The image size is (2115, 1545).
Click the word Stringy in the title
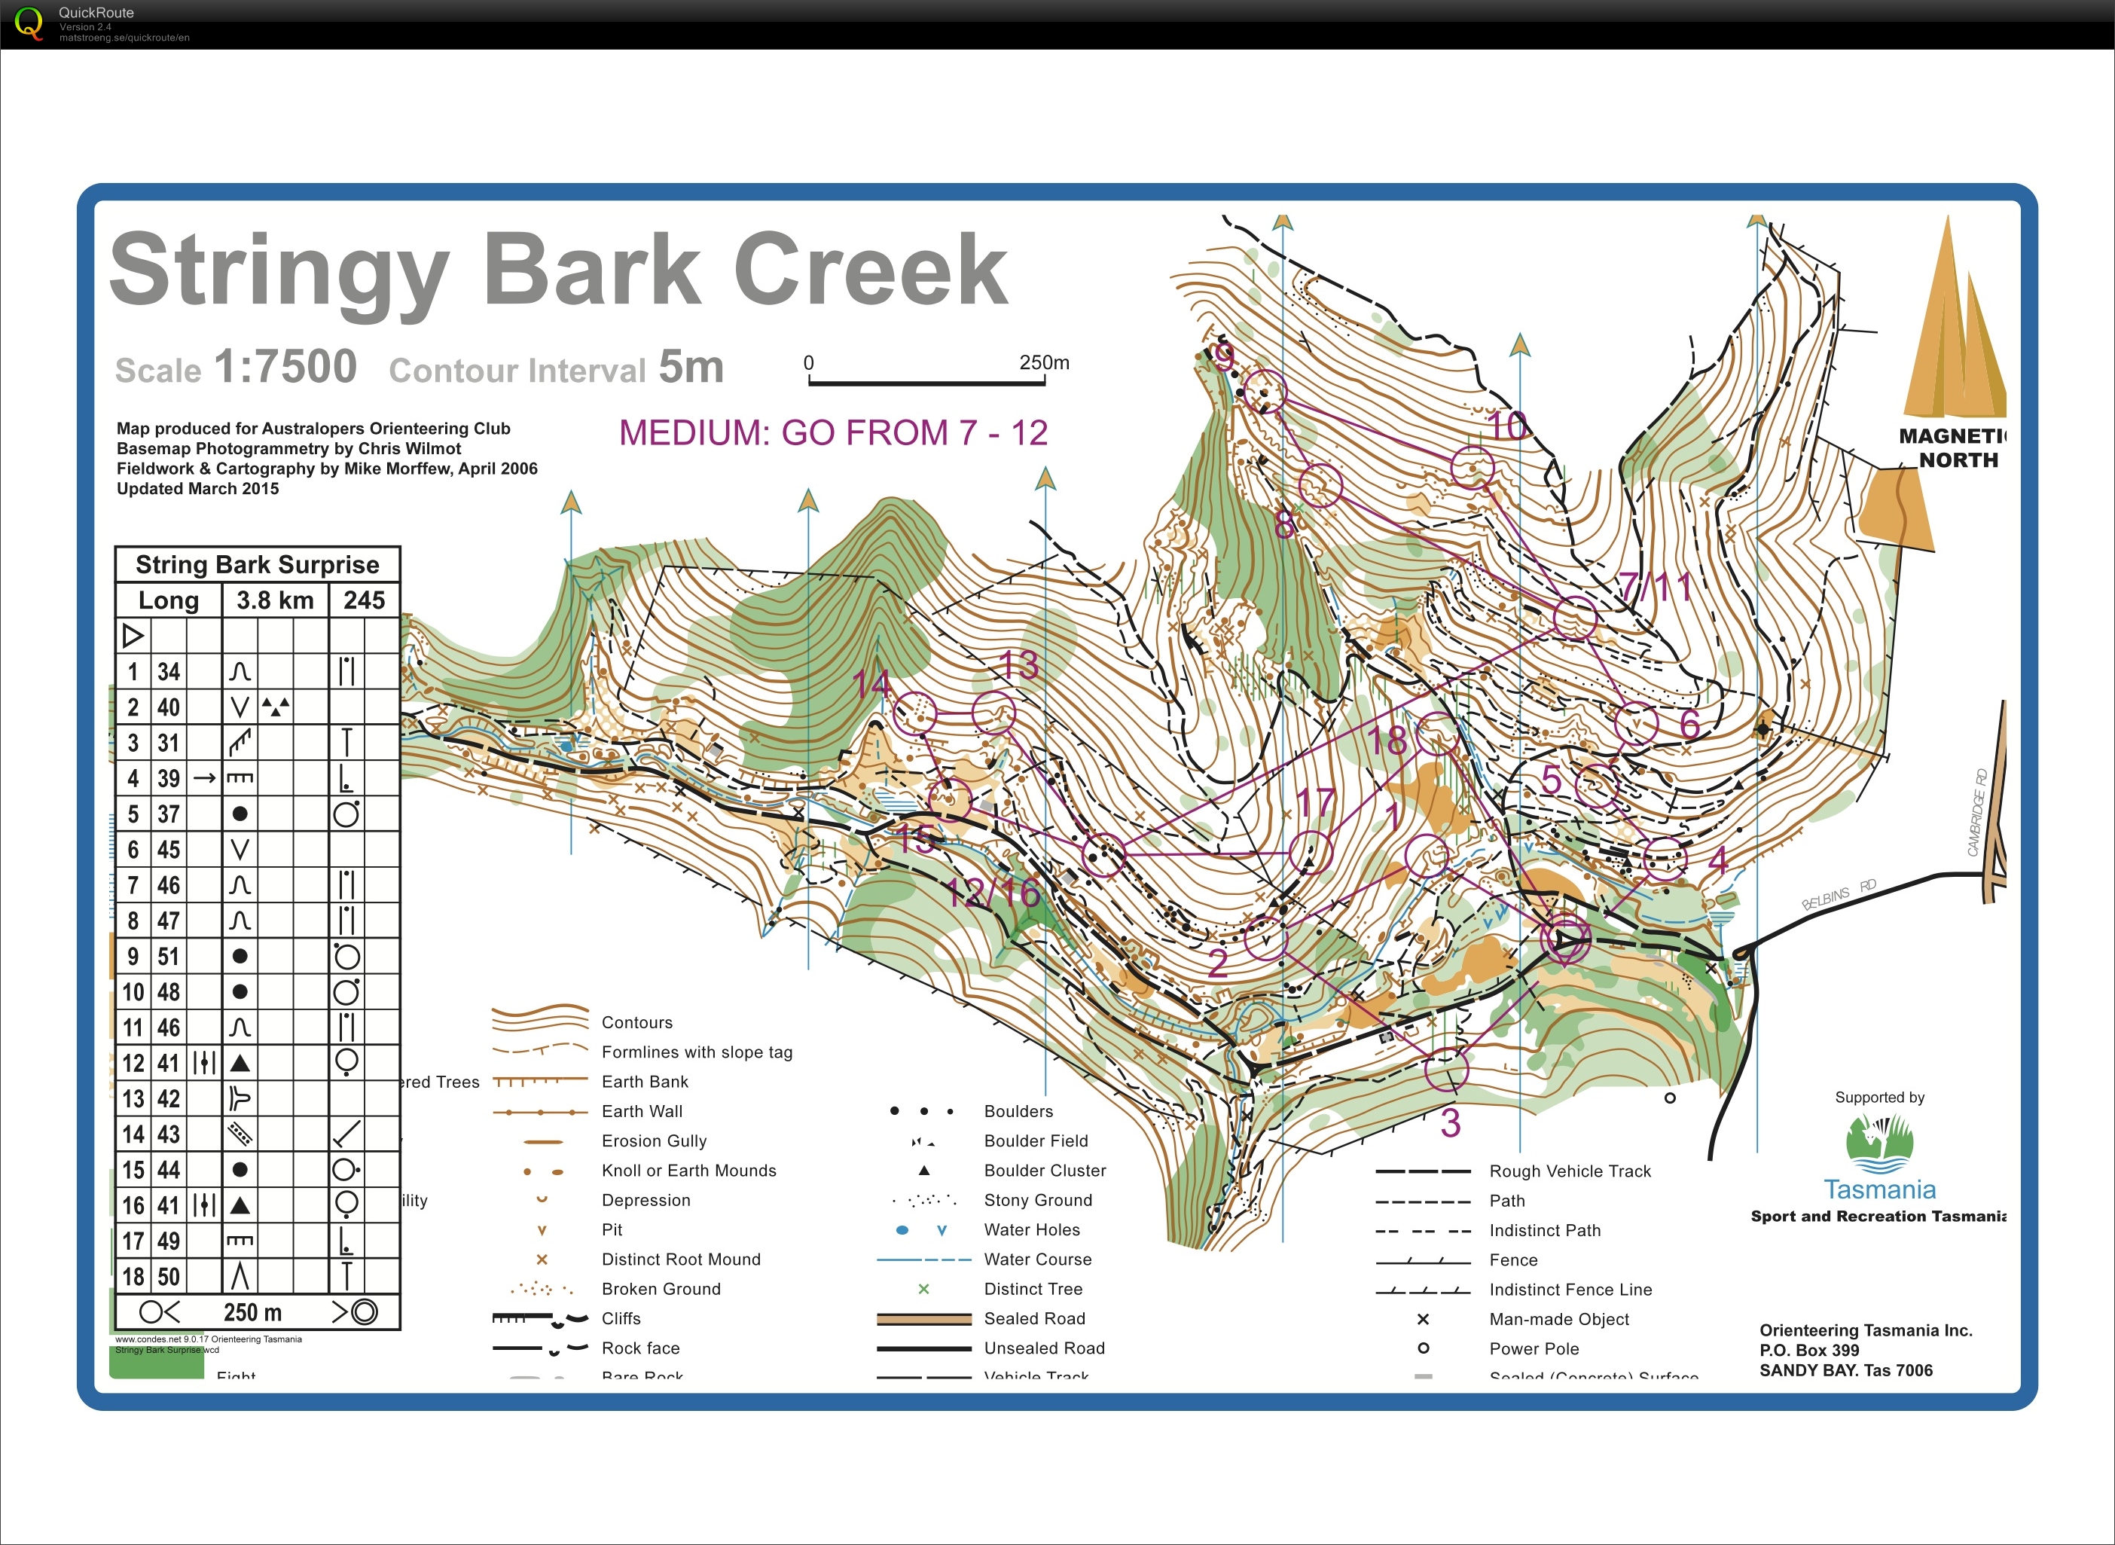(279, 271)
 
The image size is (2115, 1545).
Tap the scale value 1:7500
(285, 367)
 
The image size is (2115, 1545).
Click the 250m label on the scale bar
(1043, 362)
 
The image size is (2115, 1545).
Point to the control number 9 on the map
(1223, 356)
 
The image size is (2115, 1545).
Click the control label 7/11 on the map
(1656, 588)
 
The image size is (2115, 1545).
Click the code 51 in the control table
(168, 957)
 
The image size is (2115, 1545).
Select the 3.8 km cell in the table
(275, 600)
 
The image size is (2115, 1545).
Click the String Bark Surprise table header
(257, 565)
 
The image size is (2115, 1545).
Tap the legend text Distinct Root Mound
(681, 1260)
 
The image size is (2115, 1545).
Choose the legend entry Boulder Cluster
(1045, 1171)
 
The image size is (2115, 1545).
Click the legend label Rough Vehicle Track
(1570, 1171)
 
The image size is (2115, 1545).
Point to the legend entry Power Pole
(1534, 1348)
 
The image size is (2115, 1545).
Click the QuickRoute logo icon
(29, 23)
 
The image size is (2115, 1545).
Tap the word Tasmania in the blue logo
(1879, 1189)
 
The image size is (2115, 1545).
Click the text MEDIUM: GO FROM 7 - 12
(833, 433)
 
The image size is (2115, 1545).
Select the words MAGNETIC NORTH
(1952, 448)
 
